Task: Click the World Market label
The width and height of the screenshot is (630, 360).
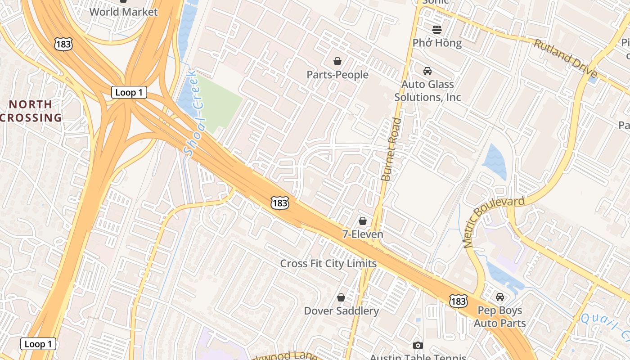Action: [123, 12]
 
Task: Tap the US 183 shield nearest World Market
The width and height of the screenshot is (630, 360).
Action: [63, 44]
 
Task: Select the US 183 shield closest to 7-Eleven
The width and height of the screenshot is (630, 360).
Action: [279, 203]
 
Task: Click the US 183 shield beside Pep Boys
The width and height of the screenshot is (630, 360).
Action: [458, 301]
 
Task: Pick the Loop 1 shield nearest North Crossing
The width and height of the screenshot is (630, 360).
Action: [129, 92]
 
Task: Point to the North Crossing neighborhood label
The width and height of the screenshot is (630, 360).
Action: [31, 111]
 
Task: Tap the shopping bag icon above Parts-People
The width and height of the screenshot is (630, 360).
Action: [337, 61]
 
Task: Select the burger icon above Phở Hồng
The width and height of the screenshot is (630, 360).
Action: [437, 30]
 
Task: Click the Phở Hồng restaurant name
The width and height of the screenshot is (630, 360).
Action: [437, 43]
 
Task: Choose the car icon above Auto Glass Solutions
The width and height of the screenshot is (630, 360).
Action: [427, 71]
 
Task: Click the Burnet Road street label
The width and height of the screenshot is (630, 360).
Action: [390, 149]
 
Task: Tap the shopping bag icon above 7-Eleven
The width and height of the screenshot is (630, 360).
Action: [363, 221]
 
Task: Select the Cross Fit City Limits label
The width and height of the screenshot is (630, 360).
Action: [328, 263]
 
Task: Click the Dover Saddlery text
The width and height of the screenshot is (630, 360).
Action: [341, 310]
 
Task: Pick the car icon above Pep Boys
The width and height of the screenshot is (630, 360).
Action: [499, 297]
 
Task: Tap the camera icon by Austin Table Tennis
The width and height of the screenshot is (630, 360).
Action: [418, 345]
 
